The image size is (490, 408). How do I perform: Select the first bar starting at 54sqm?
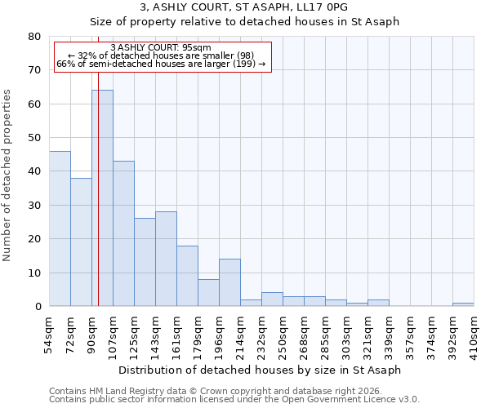60,228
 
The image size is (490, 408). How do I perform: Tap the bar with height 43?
123,233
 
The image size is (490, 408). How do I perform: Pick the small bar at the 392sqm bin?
463,304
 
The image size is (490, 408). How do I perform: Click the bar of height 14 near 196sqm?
229,282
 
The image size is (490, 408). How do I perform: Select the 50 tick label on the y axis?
36,138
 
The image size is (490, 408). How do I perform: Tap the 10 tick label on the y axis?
36,273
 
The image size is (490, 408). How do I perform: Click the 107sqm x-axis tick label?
113,330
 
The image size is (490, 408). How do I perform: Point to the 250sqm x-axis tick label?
283,330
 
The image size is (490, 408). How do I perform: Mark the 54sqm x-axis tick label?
49,330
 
